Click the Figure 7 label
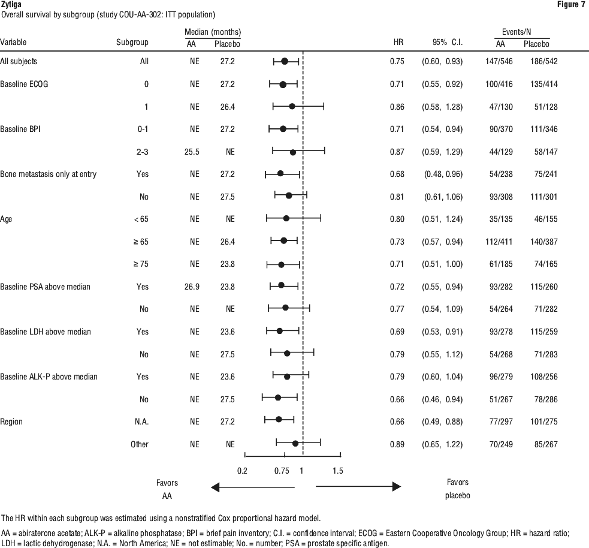(571, 5)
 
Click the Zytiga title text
(11, 5)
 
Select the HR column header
(398, 42)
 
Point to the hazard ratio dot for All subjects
(285, 61)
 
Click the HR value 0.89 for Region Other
(397, 444)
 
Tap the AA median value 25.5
(192, 152)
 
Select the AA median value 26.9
(192, 287)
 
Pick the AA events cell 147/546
(499, 61)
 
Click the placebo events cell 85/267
(546, 444)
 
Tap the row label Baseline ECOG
(24, 84)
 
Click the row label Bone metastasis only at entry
(49, 174)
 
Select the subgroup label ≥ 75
(141, 264)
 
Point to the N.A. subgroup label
(141, 421)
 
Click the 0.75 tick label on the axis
(282, 471)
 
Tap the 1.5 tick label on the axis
(338, 471)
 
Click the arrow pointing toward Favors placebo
(358, 487)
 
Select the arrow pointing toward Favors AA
(253, 487)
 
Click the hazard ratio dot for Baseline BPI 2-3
(293, 152)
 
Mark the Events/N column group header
(516, 32)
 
